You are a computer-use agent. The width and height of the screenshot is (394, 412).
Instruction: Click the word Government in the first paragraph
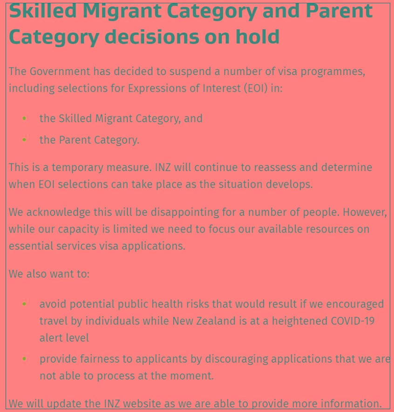[60, 71]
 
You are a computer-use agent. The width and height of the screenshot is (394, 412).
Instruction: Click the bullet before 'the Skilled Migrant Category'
[24, 118]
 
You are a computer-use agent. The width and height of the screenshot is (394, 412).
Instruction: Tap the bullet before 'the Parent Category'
[24, 140]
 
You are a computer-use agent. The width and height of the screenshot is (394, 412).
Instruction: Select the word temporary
[77, 168]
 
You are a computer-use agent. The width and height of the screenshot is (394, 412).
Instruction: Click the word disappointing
[185, 213]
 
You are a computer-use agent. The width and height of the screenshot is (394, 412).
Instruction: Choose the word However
[365, 213]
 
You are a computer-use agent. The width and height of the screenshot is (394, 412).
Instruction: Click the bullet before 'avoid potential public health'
[24, 304]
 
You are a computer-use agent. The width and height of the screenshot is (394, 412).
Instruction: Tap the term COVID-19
[353, 321]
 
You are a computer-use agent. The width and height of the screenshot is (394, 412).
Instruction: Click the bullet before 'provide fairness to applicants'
[24, 359]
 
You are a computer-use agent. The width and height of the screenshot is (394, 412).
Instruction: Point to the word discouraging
[237, 359]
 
